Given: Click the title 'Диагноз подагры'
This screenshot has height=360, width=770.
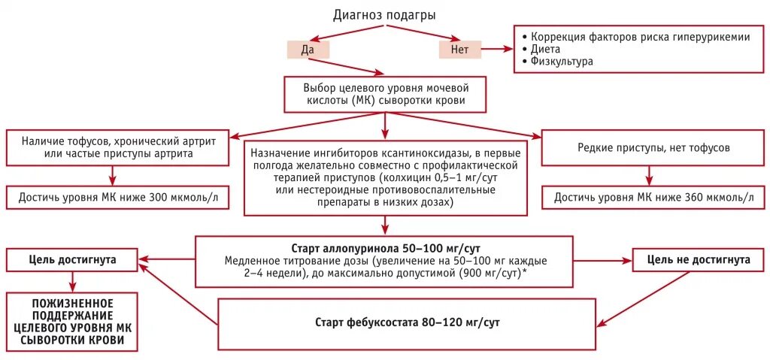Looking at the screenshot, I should coord(384,14).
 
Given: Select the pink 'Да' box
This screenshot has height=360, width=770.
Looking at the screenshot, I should coord(307,50).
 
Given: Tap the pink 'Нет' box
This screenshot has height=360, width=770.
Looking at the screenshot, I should coord(459,50).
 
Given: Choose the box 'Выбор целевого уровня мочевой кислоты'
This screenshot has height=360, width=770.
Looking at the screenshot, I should coord(385,93).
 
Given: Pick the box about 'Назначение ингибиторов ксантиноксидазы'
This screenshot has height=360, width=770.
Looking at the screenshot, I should coord(385,177).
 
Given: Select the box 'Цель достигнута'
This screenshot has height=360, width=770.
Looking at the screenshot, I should coord(72,259).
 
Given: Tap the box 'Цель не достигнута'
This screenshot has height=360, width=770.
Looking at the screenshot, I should coord(699,259).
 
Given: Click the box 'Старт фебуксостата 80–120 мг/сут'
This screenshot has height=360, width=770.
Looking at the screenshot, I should coord(407,322).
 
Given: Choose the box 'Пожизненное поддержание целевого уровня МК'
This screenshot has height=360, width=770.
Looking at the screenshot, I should coord(72,322).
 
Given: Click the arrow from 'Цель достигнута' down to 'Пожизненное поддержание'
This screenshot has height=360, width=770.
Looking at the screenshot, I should coord(72,281).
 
